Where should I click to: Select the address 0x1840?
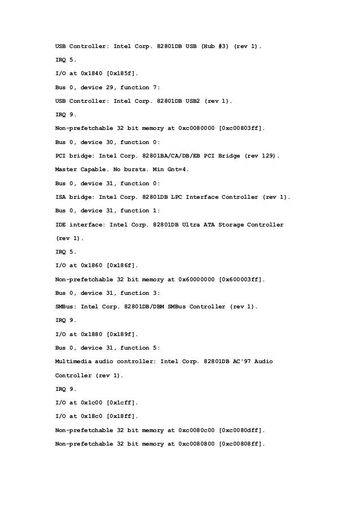click(92, 74)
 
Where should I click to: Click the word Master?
click(67, 169)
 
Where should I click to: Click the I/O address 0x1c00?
click(92, 403)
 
